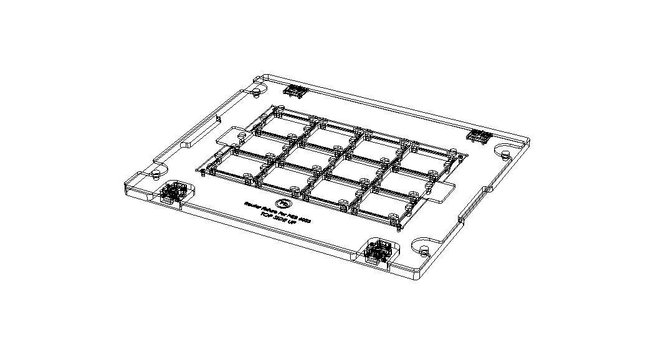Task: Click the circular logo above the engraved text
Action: click(x=284, y=202)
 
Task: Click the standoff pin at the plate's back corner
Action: click(x=256, y=92)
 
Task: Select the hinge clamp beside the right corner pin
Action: click(x=479, y=136)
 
